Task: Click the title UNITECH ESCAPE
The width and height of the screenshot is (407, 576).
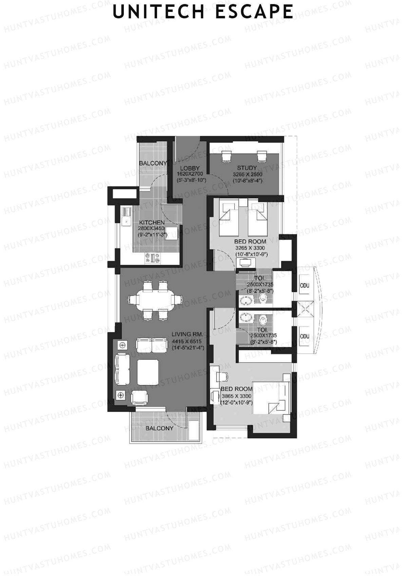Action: click(x=203, y=12)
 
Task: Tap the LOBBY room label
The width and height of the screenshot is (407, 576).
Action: click(x=190, y=168)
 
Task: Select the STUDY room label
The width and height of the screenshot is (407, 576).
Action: click(x=247, y=168)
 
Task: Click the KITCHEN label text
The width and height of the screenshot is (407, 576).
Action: click(x=152, y=222)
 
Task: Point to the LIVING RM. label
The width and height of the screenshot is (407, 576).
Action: click(x=187, y=334)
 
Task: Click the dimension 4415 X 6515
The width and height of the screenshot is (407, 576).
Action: click(x=187, y=341)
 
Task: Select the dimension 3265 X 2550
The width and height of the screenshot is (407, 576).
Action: click(x=248, y=174)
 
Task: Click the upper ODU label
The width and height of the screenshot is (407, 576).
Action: click(x=305, y=285)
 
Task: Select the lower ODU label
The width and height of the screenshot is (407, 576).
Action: click(x=305, y=336)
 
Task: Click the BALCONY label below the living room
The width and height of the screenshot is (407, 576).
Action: click(x=159, y=428)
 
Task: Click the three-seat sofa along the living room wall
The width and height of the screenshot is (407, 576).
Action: click(x=122, y=369)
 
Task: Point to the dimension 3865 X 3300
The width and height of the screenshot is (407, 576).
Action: click(x=236, y=396)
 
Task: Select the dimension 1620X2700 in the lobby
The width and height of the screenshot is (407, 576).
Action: click(x=190, y=174)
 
